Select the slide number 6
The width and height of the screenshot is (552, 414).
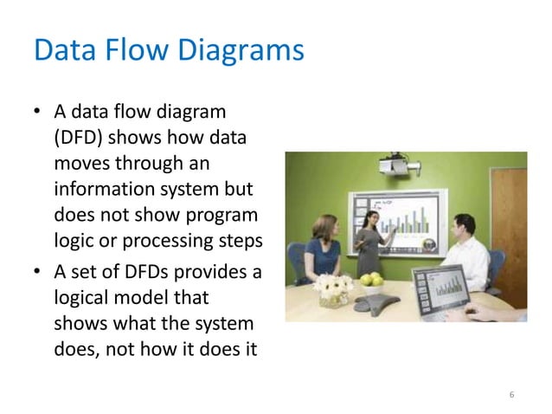coord(511,395)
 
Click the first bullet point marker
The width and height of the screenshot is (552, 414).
coord(37,113)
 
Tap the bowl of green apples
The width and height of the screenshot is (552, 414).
coord(371,279)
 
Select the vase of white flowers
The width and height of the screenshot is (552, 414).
coord(333,288)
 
